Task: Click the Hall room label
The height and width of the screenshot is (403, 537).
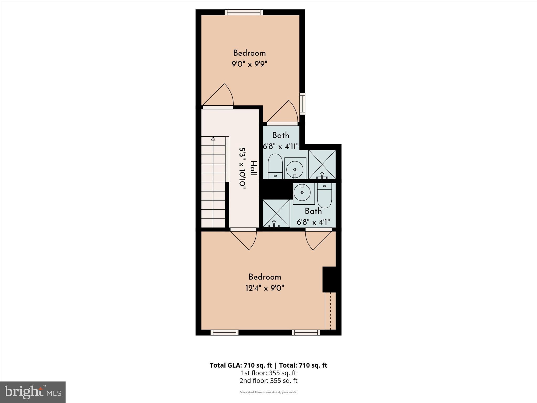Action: pyautogui.click(x=253, y=168)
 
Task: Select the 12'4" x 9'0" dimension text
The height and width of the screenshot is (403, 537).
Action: pyautogui.click(x=265, y=288)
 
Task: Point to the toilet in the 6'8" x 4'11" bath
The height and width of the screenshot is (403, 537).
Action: pyautogui.click(x=275, y=166)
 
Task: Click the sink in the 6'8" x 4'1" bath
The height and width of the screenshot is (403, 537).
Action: pyautogui.click(x=302, y=193)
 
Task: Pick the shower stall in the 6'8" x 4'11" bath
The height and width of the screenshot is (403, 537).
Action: pyautogui.click(x=322, y=164)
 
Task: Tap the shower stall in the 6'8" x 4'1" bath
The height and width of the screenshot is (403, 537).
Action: pyautogui.click(x=276, y=213)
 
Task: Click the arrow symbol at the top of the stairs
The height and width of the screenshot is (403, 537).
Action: pyautogui.click(x=213, y=139)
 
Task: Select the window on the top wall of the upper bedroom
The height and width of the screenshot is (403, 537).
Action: pyautogui.click(x=244, y=12)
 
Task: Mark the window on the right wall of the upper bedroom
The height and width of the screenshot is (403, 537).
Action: pyautogui.click(x=302, y=104)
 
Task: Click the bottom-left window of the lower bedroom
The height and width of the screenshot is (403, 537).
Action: pyautogui.click(x=224, y=332)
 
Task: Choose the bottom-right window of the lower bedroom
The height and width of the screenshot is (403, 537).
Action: pyautogui.click(x=306, y=332)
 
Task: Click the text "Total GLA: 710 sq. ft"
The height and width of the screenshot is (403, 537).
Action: pyautogui.click(x=241, y=365)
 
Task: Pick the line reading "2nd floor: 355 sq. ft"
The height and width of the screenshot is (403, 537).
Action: pyautogui.click(x=268, y=380)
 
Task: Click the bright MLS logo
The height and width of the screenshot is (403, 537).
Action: pyautogui.click(x=33, y=392)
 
